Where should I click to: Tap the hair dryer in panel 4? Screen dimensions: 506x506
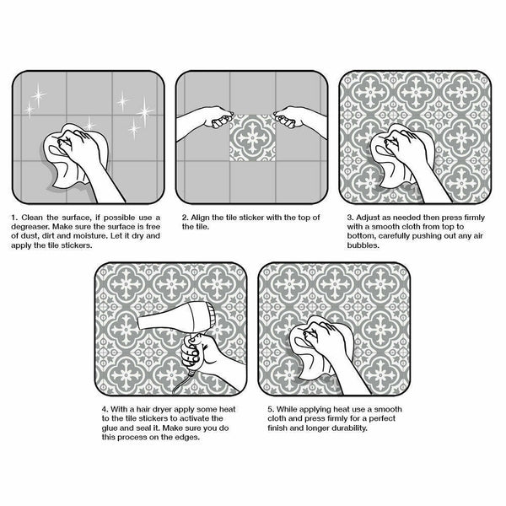click(176, 320)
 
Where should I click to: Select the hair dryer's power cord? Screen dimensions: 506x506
click(184, 381)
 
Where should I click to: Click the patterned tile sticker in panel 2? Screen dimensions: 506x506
click(252, 137)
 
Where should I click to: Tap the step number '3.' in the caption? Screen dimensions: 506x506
click(350, 218)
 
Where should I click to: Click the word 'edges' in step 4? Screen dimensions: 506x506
click(186, 437)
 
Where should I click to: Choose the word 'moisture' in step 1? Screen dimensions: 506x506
click(94, 236)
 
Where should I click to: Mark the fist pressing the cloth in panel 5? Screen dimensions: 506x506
click(325, 336)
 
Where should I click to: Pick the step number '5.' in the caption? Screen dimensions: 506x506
click(271, 409)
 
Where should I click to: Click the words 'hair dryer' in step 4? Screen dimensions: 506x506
click(154, 410)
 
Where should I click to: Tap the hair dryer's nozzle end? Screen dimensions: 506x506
click(140, 323)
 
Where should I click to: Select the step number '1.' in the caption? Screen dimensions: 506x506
click(14, 218)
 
